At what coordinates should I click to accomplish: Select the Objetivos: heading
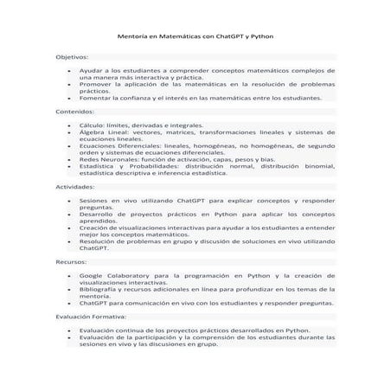click(x=72, y=56)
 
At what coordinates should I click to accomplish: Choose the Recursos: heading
click(x=71, y=260)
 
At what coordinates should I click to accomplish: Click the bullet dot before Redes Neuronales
click(x=67, y=159)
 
